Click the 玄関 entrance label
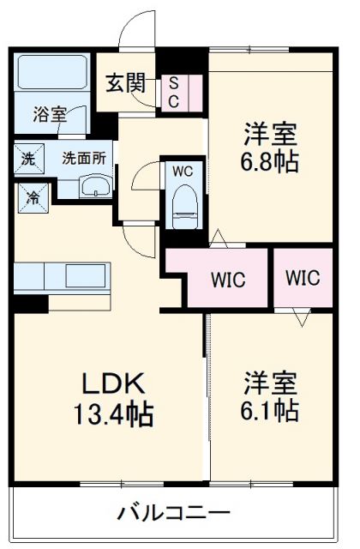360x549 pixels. [x=124, y=83]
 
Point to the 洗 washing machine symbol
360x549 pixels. [x=28, y=158]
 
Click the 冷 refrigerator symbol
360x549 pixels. [x=28, y=196]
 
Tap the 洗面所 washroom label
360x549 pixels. [x=83, y=158]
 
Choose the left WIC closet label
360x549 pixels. [x=229, y=279]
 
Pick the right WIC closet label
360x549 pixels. [x=302, y=278]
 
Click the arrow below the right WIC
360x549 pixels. [x=302, y=319]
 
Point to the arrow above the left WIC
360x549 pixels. [x=219, y=237]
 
